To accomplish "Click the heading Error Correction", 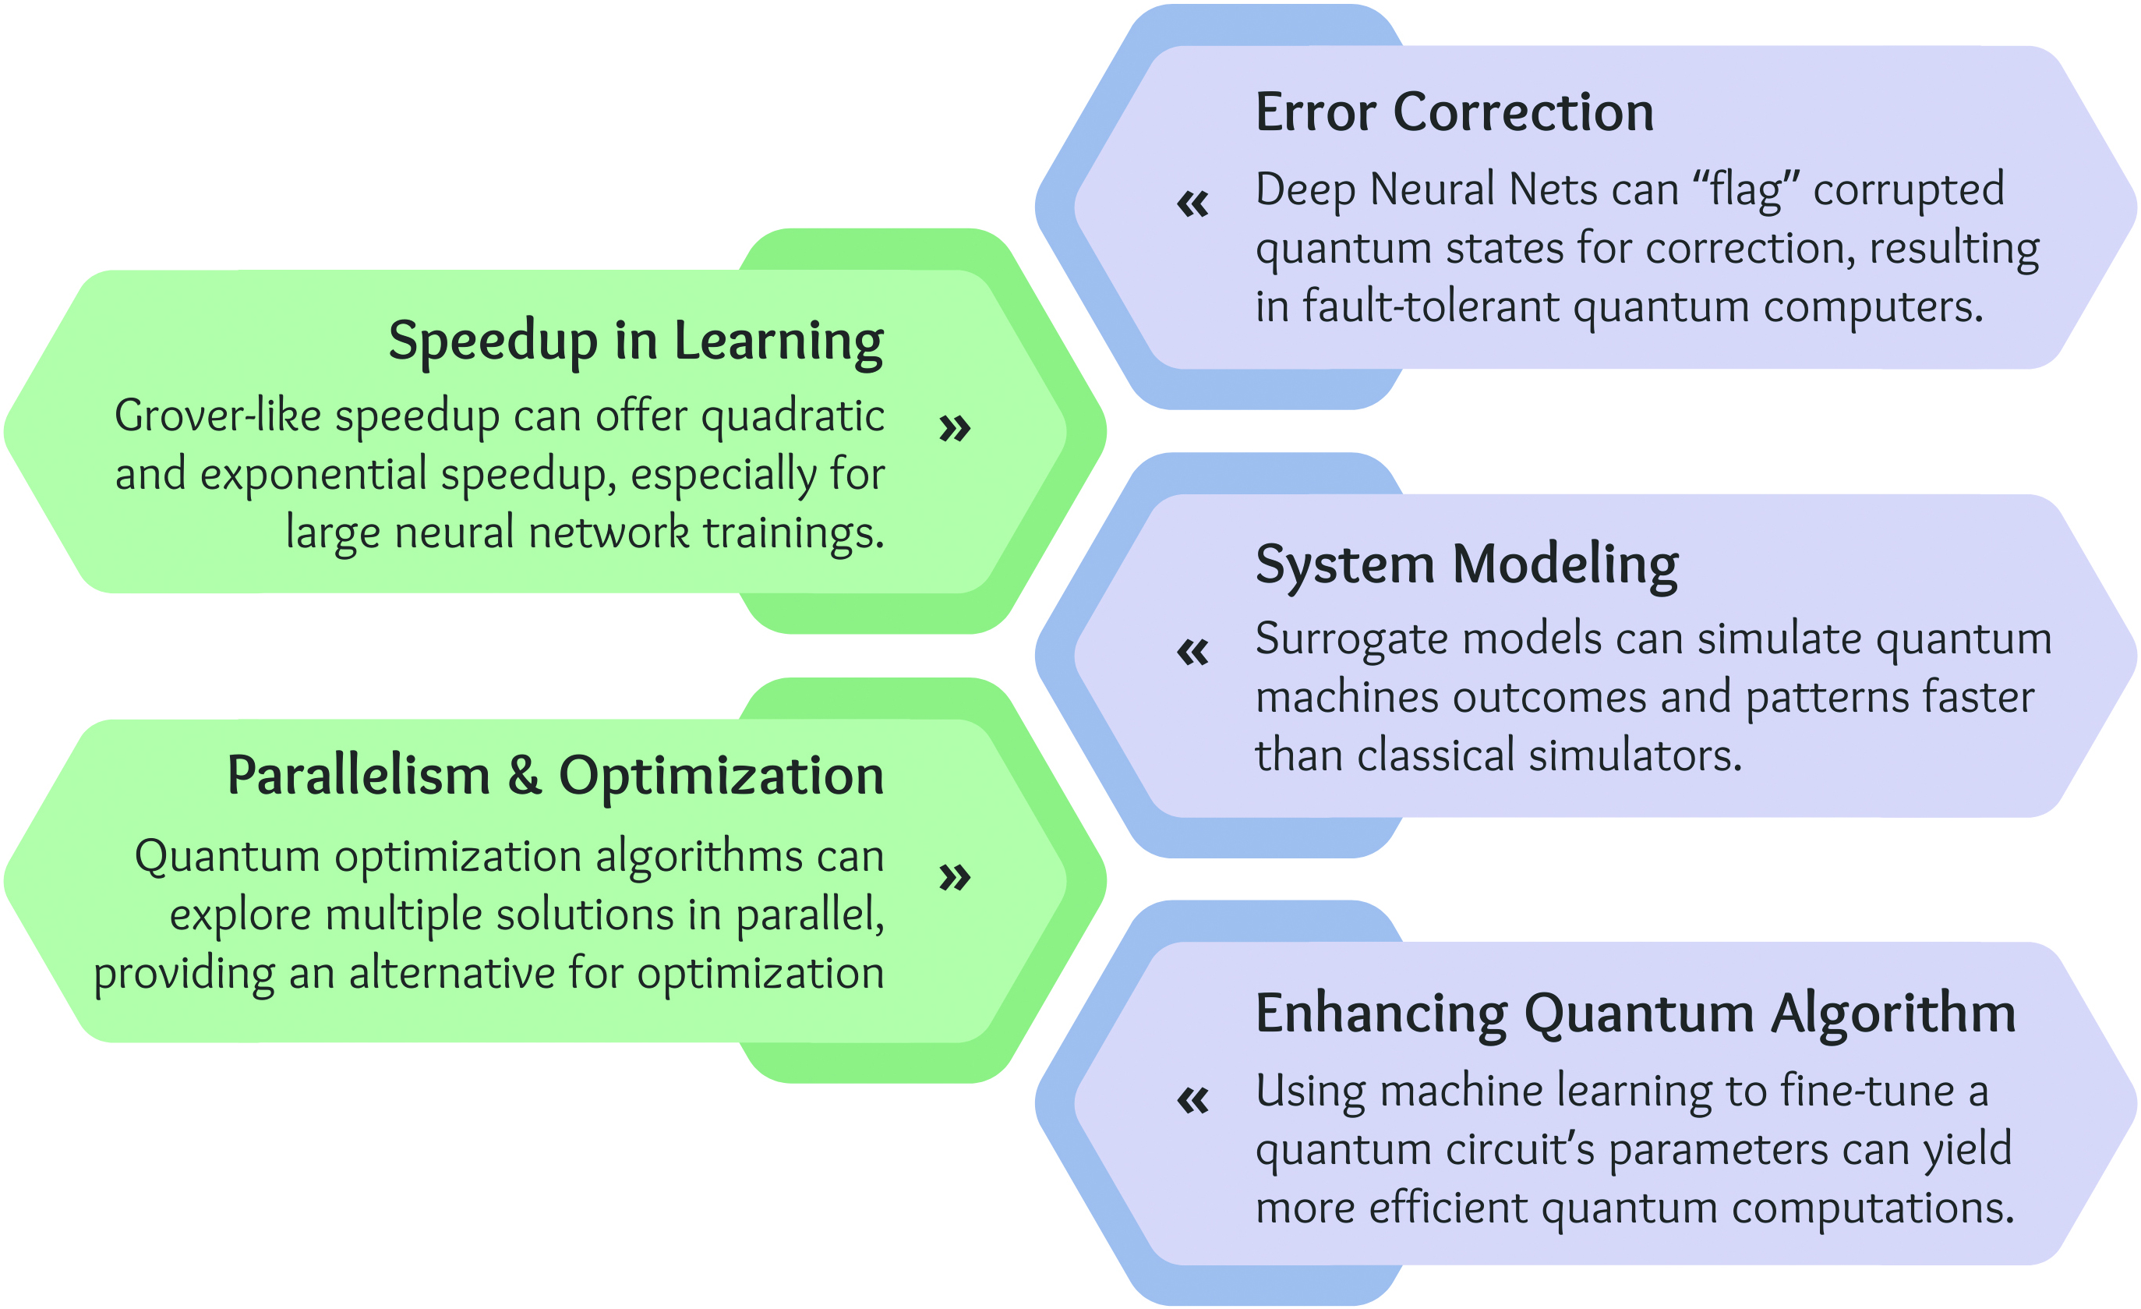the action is (1454, 112).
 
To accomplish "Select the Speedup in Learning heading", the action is (636, 341).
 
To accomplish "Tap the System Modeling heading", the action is (1467, 566).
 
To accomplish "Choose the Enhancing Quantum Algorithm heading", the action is (1635, 1014).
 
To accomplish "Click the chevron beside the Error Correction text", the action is (1193, 204).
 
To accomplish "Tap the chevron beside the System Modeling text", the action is (1193, 652).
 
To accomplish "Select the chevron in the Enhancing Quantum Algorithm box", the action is (1193, 1102).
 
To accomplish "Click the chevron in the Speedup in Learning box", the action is (955, 428).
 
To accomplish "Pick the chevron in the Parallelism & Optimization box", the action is (955, 877).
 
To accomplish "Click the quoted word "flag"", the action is (1746, 191).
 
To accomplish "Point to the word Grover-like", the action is (218, 416).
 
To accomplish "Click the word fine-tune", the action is (1868, 1091).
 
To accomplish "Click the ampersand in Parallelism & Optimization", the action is (525, 775).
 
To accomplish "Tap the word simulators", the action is (1636, 755).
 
